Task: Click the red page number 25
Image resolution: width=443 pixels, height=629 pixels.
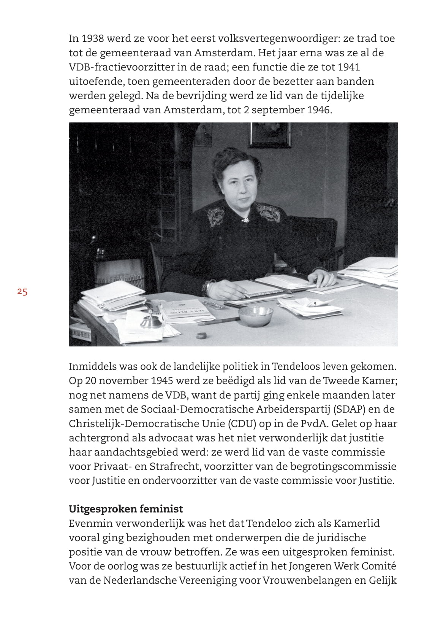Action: pyautogui.click(x=22, y=292)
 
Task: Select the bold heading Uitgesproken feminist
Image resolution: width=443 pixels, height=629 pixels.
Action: pyautogui.click(x=126, y=509)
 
